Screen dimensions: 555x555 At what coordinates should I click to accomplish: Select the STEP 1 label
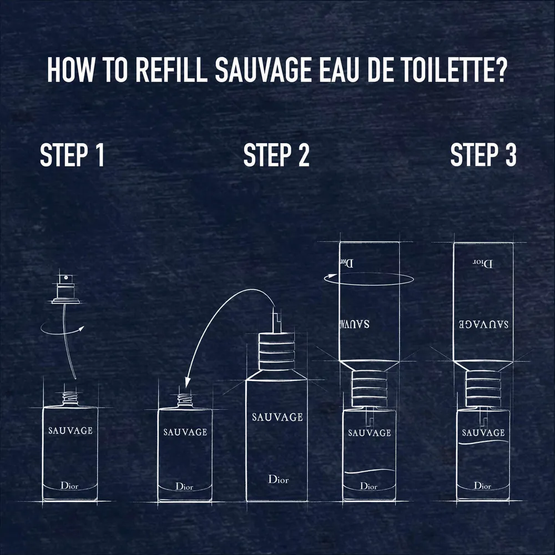coord(72,155)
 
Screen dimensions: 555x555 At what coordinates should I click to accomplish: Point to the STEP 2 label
coord(276,155)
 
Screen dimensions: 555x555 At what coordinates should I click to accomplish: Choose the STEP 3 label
coord(483,155)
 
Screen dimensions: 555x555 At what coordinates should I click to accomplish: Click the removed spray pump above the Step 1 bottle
coord(65,288)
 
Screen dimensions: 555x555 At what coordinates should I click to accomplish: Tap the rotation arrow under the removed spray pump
coord(63,328)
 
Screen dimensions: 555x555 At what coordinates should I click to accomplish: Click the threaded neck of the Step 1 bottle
coord(70,399)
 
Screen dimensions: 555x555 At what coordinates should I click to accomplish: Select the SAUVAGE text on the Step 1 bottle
coord(70,431)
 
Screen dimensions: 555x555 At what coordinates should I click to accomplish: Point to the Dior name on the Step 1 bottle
coord(69,486)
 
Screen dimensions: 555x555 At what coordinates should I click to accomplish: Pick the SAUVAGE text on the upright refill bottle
coord(277,417)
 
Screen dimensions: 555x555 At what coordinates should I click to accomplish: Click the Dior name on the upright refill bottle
coord(278,480)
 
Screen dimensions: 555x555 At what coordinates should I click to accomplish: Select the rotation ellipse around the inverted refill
coord(369,279)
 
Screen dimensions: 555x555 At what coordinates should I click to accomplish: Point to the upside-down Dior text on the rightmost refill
coord(483,263)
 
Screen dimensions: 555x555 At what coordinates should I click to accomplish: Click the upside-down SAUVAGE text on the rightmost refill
coord(483,324)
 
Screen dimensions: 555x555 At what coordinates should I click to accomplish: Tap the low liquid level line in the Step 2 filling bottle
coord(369,472)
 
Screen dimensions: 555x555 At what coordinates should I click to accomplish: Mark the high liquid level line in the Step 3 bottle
coord(483,442)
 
